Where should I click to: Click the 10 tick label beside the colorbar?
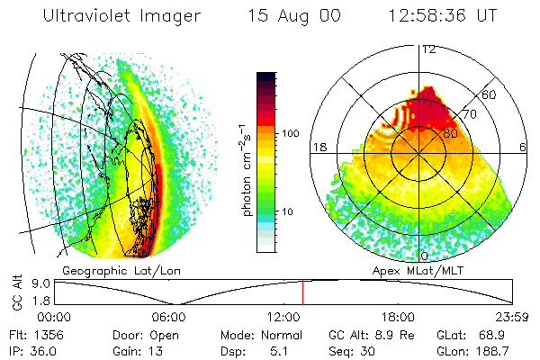[290, 211]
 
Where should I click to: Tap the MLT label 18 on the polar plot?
[319, 147]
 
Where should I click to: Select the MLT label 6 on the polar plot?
[523, 147]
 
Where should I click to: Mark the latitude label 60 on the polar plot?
[490, 94]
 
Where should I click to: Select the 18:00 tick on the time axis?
[399, 317]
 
